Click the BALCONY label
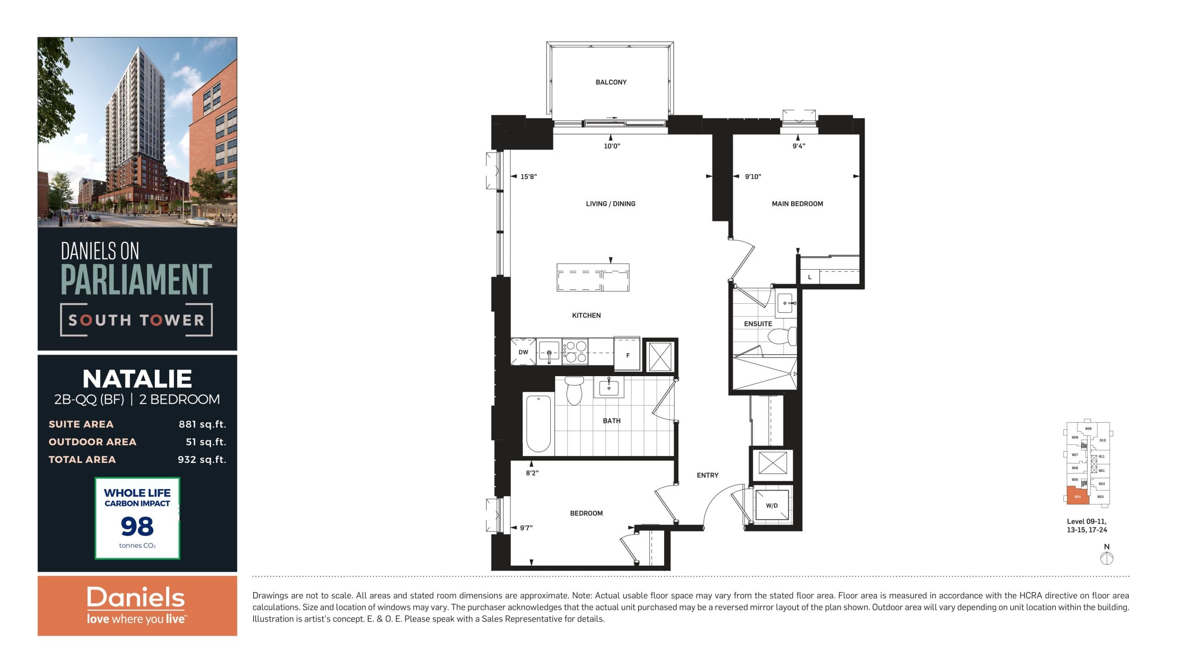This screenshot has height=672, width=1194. (x=611, y=82)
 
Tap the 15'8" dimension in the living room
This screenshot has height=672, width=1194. (x=528, y=177)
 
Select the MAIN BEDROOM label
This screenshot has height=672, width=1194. (x=797, y=204)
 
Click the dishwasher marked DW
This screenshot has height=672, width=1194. (x=523, y=352)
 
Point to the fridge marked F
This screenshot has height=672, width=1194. (x=627, y=355)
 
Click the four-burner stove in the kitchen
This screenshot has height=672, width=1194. (x=575, y=352)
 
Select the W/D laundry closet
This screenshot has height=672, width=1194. (x=771, y=505)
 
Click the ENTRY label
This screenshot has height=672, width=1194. (x=707, y=475)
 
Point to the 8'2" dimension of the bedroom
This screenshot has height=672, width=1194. (x=532, y=473)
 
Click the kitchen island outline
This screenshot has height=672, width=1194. (x=593, y=278)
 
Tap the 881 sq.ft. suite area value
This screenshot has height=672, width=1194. (x=202, y=424)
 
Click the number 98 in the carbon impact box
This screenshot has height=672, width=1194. (x=137, y=526)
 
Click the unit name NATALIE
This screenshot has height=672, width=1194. (x=137, y=378)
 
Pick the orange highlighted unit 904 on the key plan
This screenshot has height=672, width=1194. (x=1077, y=496)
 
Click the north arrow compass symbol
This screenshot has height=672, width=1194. (x=1106, y=558)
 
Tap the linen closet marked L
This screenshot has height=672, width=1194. (x=810, y=277)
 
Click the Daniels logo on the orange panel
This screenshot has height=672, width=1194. (x=136, y=598)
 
